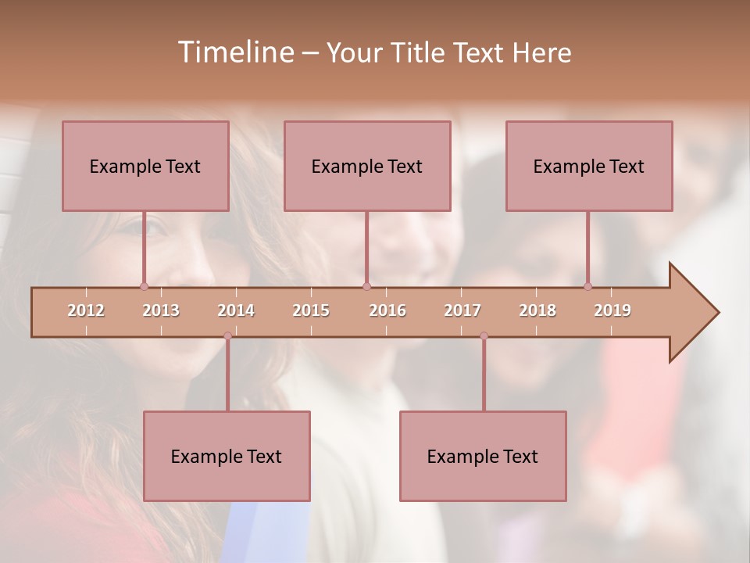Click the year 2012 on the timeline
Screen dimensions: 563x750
(x=86, y=310)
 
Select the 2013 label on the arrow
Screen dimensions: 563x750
(x=161, y=310)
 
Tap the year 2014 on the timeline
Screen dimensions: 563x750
(x=236, y=310)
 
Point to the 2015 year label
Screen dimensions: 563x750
(x=311, y=310)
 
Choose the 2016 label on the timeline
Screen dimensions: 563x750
(x=387, y=310)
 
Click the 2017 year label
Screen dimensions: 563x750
(x=462, y=310)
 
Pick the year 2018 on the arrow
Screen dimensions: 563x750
(x=537, y=310)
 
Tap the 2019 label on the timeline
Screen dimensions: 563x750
(x=612, y=310)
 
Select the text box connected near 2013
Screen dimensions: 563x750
(x=145, y=166)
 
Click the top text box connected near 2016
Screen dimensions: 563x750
(x=367, y=166)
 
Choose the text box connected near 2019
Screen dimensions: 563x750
(x=589, y=166)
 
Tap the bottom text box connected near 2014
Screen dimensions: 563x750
(x=227, y=456)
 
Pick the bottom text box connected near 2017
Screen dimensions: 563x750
(x=483, y=456)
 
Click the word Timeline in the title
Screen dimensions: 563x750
(x=234, y=52)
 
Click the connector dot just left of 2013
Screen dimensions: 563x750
(x=144, y=286)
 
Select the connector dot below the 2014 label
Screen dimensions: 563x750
(x=227, y=336)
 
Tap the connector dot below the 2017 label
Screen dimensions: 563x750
(x=484, y=336)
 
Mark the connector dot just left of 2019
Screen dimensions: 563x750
(x=587, y=286)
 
